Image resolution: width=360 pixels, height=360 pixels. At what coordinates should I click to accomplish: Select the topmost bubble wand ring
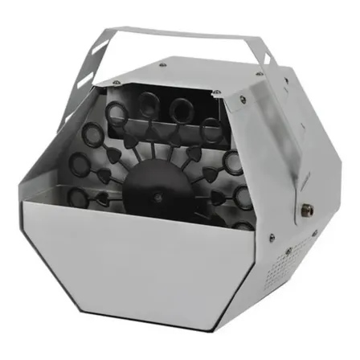pyautogui.click(x=180, y=107)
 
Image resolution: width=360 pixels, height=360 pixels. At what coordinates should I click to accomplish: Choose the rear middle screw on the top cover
pyautogui.click(x=164, y=63)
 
